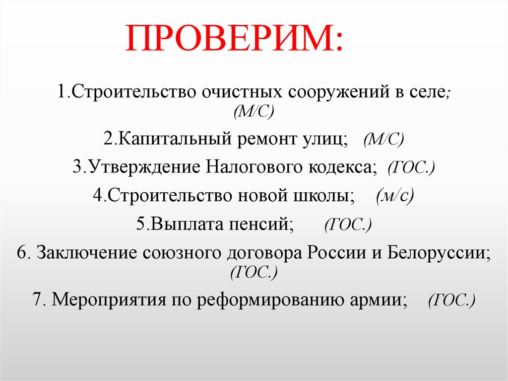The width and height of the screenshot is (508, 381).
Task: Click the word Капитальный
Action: [167, 139]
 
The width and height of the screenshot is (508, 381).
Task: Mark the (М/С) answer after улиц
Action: [383, 139]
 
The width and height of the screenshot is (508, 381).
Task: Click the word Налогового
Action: [245, 167]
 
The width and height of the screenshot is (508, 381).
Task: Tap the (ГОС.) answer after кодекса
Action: [412, 167]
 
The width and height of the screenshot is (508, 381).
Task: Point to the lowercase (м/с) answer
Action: [394, 196]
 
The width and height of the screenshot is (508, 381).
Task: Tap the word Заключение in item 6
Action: [86, 252]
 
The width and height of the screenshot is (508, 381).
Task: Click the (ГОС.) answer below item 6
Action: [254, 271]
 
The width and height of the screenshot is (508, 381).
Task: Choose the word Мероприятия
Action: [107, 300]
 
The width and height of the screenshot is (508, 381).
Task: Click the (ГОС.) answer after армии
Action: [452, 300]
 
